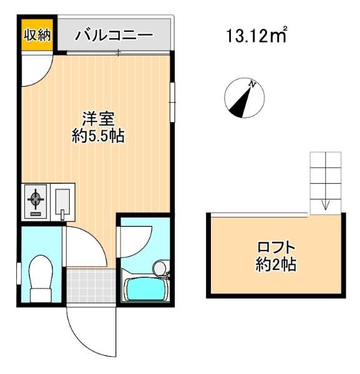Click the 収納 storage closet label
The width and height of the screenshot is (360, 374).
point(37,35)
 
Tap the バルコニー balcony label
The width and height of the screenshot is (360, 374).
point(114,35)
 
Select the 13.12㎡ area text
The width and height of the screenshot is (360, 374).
point(256,35)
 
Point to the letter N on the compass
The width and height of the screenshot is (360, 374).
point(252,84)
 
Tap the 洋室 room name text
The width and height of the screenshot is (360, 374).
point(98,118)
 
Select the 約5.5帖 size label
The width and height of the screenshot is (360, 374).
point(98,136)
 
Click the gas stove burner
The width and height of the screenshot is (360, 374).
point(36,198)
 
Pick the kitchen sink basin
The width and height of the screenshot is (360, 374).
point(62,202)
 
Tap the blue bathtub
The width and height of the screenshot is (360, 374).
point(146,290)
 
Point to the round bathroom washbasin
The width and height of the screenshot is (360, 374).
point(160,268)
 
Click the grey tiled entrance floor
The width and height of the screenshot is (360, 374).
point(91,285)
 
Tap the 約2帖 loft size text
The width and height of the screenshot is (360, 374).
point(276,264)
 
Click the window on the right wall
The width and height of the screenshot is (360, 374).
point(172,102)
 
